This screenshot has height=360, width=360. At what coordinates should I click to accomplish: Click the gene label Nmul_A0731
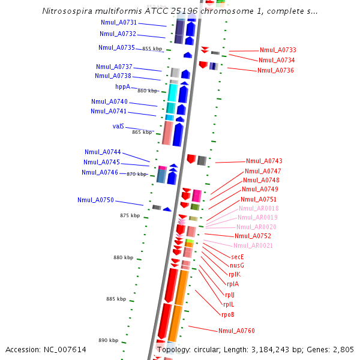118,22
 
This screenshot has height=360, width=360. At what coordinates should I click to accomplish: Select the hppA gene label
122,86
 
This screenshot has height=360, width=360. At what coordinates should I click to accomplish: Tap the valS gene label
118,126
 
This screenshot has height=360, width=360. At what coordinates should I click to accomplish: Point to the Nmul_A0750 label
95,200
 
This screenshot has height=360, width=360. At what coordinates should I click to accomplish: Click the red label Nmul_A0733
278,50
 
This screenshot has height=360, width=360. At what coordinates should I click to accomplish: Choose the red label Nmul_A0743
264,161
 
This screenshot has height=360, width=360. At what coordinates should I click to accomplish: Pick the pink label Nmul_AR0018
259,208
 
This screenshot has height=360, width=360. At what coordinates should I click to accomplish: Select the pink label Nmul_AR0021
253,245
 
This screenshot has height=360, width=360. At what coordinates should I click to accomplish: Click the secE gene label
238,256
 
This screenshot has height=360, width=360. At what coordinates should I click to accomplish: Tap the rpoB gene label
228,314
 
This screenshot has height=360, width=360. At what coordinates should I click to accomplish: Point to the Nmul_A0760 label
236,331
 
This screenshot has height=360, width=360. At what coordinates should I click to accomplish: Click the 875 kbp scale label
130,215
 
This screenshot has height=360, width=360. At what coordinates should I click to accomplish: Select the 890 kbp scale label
109,340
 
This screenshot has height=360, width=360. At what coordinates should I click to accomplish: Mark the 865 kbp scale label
142,132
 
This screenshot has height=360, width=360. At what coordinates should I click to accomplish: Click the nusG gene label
237,265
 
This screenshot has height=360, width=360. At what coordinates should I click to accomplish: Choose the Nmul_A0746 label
100,172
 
